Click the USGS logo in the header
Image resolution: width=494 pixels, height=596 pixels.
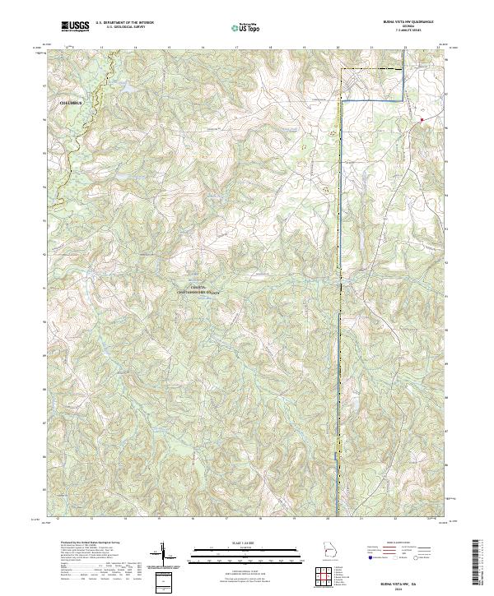click(x=75, y=25)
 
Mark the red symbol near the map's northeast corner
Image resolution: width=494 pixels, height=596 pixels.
click(x=422, y=121)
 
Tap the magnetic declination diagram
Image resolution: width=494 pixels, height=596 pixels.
click(x=167, y=554)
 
